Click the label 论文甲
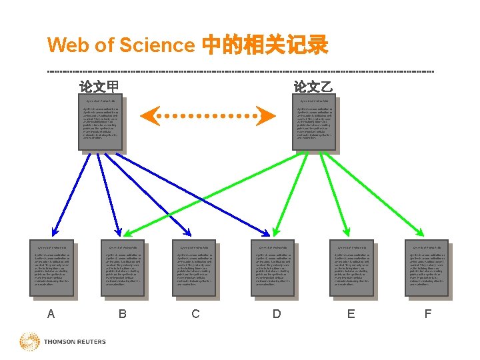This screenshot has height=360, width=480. coord(99,87)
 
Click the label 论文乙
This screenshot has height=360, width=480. coord(313,87)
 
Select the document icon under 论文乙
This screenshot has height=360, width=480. coord(315,124)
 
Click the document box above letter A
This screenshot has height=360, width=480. coord(51,267)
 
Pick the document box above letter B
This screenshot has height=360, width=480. coord(123,267)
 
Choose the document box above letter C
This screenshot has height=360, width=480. coord(193,267)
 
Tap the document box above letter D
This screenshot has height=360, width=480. coord(272,267)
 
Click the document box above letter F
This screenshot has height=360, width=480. coord(427,267)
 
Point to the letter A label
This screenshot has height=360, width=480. coord(51,313)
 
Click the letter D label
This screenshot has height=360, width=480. coord(277,313)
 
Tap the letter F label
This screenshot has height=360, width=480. coord(427,313)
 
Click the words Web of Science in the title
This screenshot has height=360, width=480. coord(120,45)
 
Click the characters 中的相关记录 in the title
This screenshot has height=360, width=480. coord(264,45)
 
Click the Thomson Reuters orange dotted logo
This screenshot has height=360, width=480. coord(29,342)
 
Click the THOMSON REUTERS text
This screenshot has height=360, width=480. coord(75,342)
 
